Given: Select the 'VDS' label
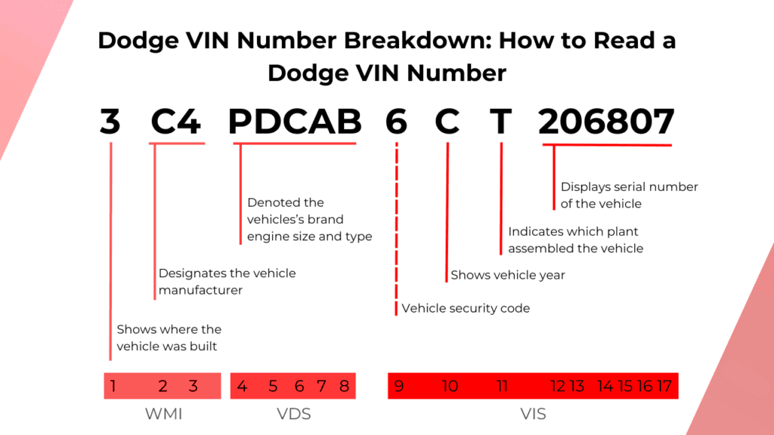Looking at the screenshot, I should point(293,414).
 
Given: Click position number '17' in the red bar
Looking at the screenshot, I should point(664,387).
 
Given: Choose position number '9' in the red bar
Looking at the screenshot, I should point(398,387).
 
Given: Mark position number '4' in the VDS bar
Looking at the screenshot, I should point(242,387).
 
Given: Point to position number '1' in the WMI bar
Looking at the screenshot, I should point(113,387).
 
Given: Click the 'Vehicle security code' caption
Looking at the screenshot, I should point(466,308).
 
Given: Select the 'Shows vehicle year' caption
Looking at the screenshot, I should point(508,275).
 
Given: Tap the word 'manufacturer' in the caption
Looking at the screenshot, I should point(200,290).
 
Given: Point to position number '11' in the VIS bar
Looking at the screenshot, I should point(502,387).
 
